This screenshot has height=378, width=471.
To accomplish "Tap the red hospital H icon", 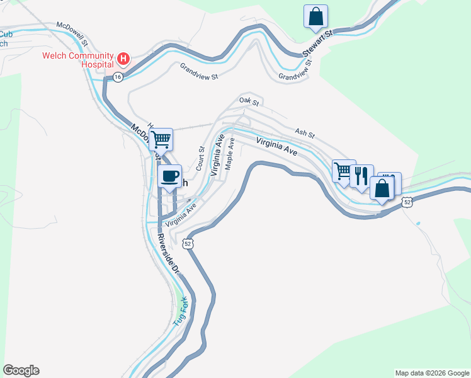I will [123, 60].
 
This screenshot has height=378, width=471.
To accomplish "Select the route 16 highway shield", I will [118, 76].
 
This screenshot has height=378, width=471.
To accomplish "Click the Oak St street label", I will [249, 100].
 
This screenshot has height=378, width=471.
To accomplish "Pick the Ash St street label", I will [304, 133].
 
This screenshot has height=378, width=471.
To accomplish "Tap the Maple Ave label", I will [230, 154].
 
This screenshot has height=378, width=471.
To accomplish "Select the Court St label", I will [201, 159].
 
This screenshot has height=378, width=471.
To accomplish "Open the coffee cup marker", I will [169, 176].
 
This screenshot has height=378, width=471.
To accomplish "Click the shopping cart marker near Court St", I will [161, 139].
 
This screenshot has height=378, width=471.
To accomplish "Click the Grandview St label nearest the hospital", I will [198, 71].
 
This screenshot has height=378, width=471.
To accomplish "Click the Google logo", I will [21, 370].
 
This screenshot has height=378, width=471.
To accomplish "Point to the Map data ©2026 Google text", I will [432, 373].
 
